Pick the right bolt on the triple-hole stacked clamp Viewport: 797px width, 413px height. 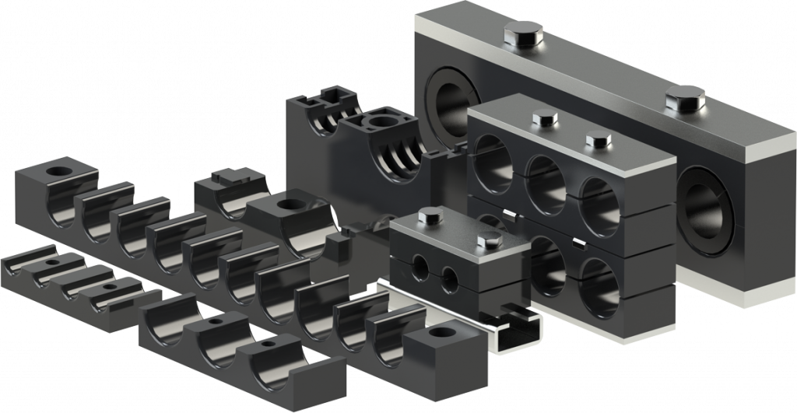coord(597,142)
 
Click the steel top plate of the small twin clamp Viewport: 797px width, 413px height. coord(459,233)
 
